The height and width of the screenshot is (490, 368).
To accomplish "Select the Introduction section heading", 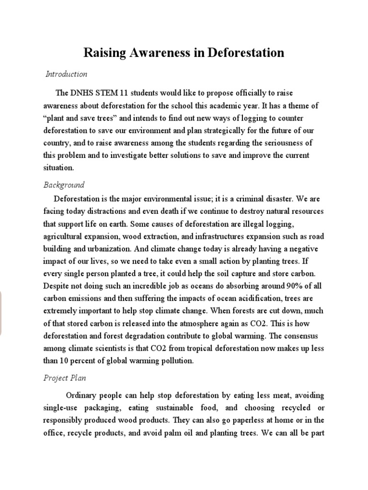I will [66, 74].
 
